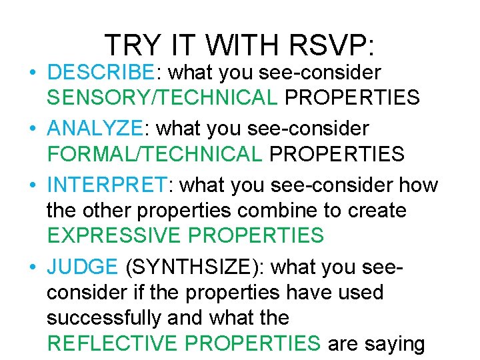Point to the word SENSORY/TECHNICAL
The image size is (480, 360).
click(x=162, y=98)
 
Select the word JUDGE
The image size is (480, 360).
click(x=82, y=267)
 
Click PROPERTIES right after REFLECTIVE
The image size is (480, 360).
click(x=253, y=343)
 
